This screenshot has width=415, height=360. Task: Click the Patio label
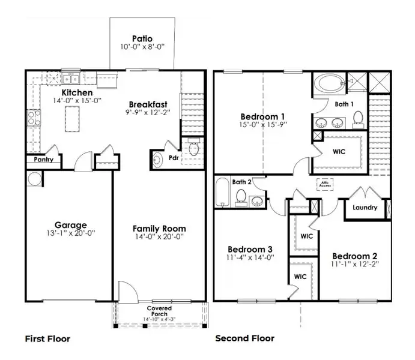pos(142,38)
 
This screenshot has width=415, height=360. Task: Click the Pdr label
pos(174,159)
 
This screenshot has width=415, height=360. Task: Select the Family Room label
pos(159,228)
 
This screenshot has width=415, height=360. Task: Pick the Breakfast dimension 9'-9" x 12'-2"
pos(148,112)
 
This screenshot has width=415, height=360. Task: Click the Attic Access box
pos(326,184)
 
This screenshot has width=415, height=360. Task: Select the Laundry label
pos(365,208)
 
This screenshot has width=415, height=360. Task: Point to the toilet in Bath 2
pos(241,197)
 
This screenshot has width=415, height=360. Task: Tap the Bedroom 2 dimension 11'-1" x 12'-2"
pos(354,264)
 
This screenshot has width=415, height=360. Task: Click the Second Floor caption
pos(244,338)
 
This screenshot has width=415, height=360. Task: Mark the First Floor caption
pos(47,338)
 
